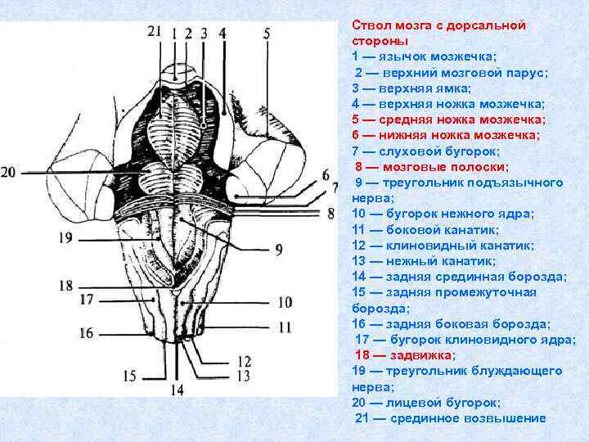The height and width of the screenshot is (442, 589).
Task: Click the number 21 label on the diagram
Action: (x=156, y=31)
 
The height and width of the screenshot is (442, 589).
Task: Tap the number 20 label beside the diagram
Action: (x=8, y=172)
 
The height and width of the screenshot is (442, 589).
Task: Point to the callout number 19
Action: (x=65, y=237)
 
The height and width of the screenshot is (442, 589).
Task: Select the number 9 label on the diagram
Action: (x=279, y=250)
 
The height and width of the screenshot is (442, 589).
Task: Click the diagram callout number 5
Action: (x=267, y=33)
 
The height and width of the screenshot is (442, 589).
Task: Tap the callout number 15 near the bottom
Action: (x=130, y=376)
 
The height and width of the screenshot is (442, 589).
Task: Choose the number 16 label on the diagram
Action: (x=87, y=333)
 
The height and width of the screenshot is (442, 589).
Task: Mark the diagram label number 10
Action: (x=284, y=302)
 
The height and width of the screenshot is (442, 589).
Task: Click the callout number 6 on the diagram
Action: (x=326, y=174)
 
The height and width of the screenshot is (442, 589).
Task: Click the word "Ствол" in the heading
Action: (x=369, y=25)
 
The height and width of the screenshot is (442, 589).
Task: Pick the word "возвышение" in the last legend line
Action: (x=503, y=418)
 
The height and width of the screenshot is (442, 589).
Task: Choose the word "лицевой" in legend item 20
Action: (x=408, y=403)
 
